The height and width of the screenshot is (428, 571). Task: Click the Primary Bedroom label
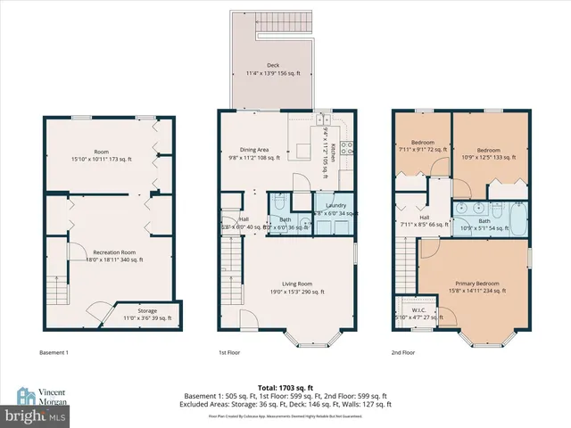(x=476, y=286)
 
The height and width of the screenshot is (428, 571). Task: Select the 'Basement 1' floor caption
(x=55, y=352)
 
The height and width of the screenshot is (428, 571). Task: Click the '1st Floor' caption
(x=230, y=352)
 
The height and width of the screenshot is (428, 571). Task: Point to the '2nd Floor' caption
(x=403, y=352)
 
